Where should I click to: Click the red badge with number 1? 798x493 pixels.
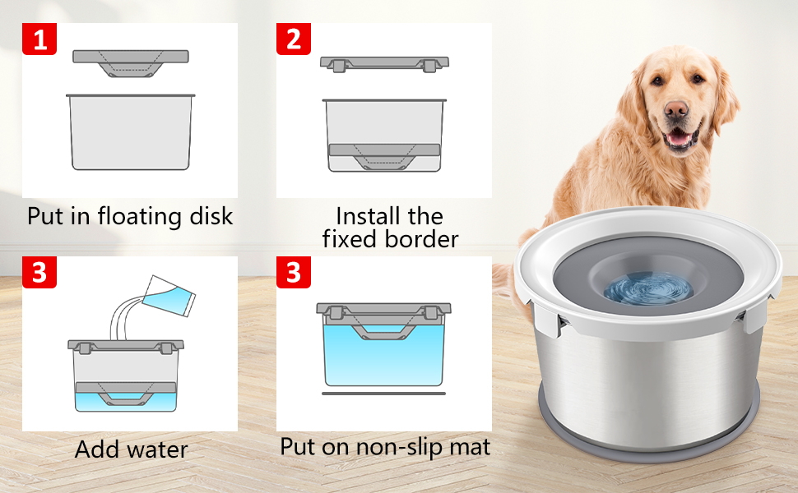pos(39,38)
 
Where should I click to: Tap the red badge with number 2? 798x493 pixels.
pos(294,38)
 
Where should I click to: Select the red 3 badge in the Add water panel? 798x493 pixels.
pos(39,271)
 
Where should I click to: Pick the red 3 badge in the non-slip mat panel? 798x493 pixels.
pos(294,271)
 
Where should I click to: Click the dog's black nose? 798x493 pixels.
pos(676,109)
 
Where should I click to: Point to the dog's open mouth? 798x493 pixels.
pos(679,138)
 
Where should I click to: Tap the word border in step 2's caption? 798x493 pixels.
pos(420,239)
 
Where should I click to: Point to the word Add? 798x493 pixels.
pos(95,449)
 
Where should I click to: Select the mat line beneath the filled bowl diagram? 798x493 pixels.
pos(383,394)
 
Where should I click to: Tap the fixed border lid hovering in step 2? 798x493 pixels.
pos(384,63)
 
